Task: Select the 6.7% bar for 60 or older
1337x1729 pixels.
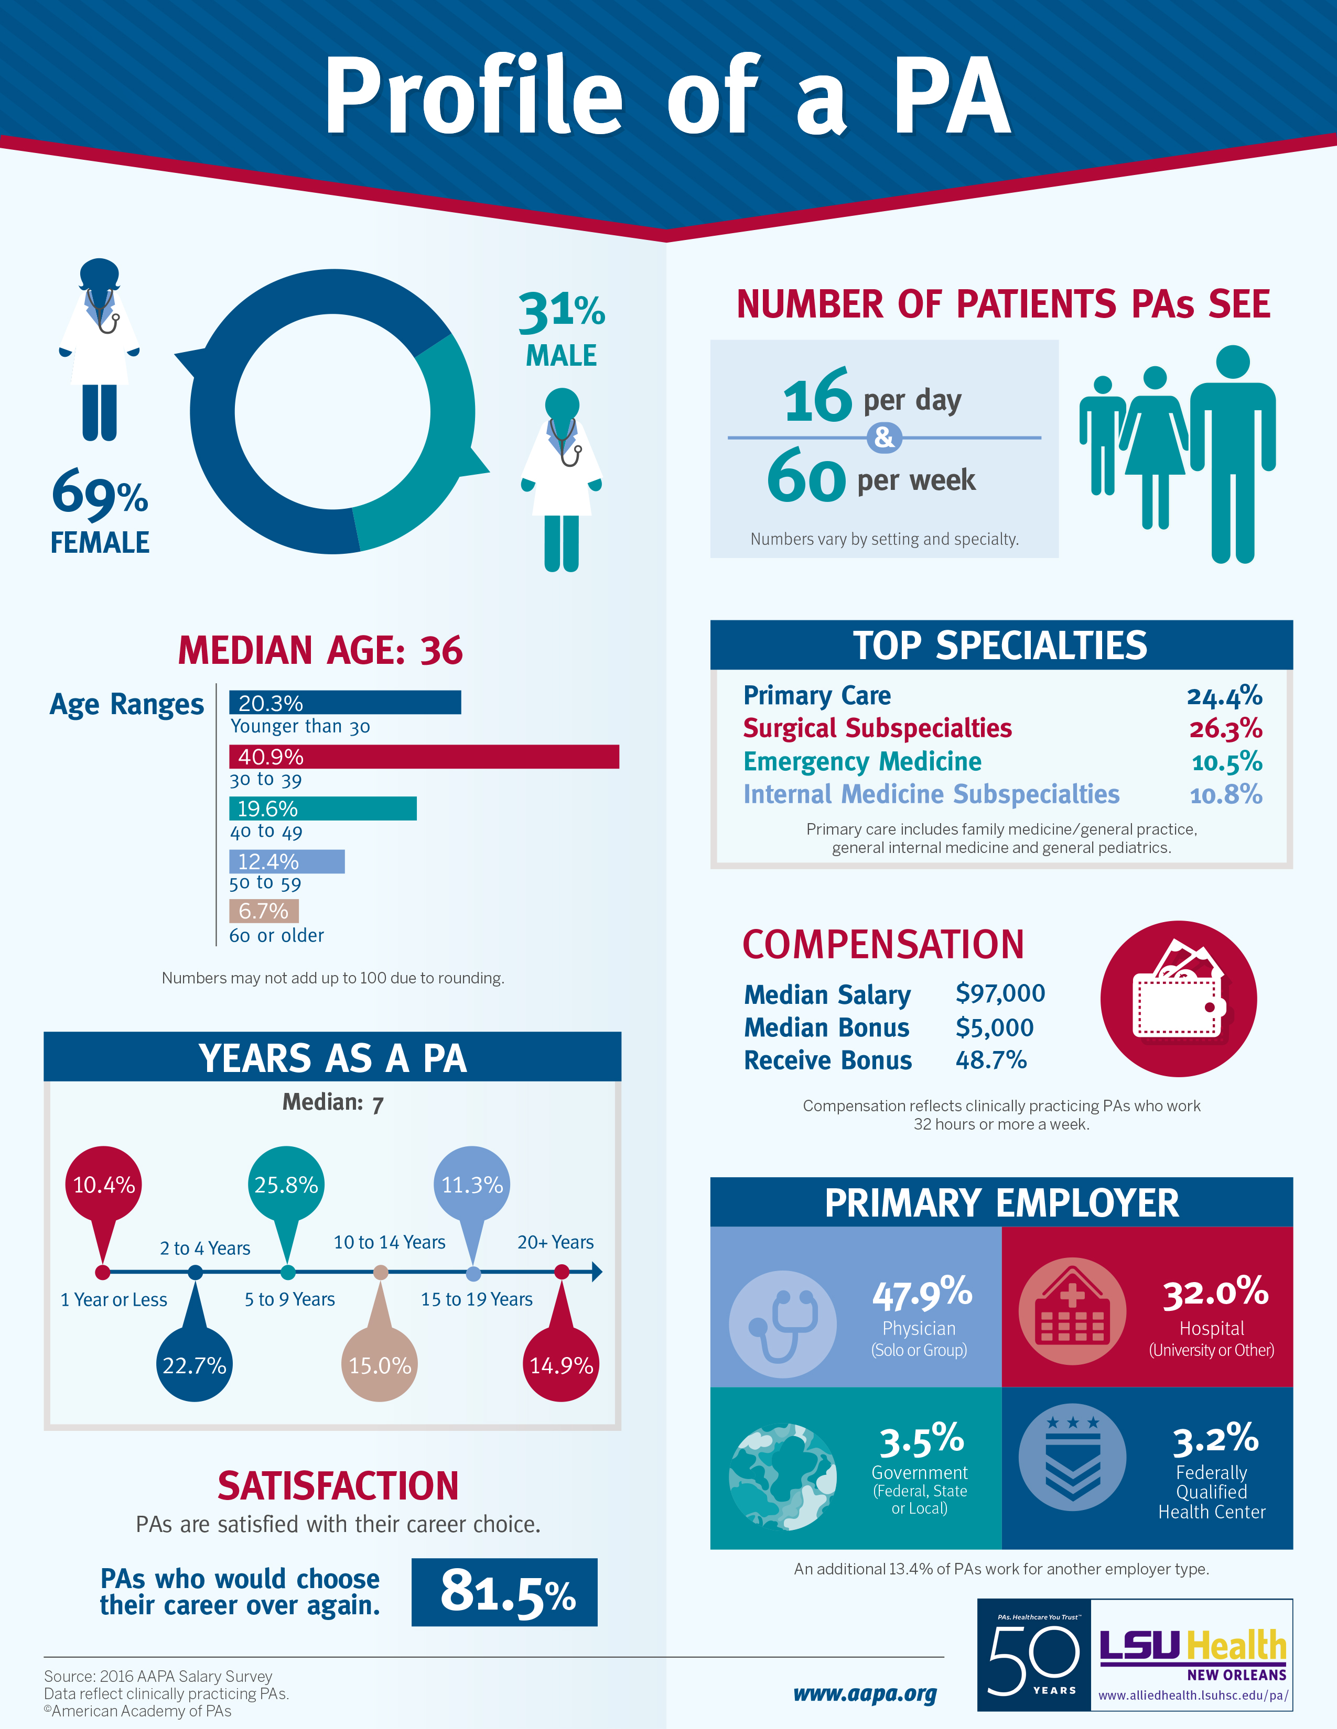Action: pos(264,911)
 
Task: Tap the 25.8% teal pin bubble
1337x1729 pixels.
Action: pos(286,1184)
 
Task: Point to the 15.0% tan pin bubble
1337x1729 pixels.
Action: pos(380,1365)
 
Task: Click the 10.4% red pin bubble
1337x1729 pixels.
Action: pos(104,1184)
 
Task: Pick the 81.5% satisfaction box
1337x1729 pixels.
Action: pos(504,1592)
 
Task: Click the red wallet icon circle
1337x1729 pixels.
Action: pos(1178,998)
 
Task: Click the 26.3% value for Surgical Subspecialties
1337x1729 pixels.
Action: pos(1225,728)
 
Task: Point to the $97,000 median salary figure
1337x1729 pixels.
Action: pos(999,993)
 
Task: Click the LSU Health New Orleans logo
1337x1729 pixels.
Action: pos(1192,1654)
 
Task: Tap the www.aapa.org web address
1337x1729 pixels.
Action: pos(865,1693)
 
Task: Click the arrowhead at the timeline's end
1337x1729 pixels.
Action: pos(597,1272)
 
